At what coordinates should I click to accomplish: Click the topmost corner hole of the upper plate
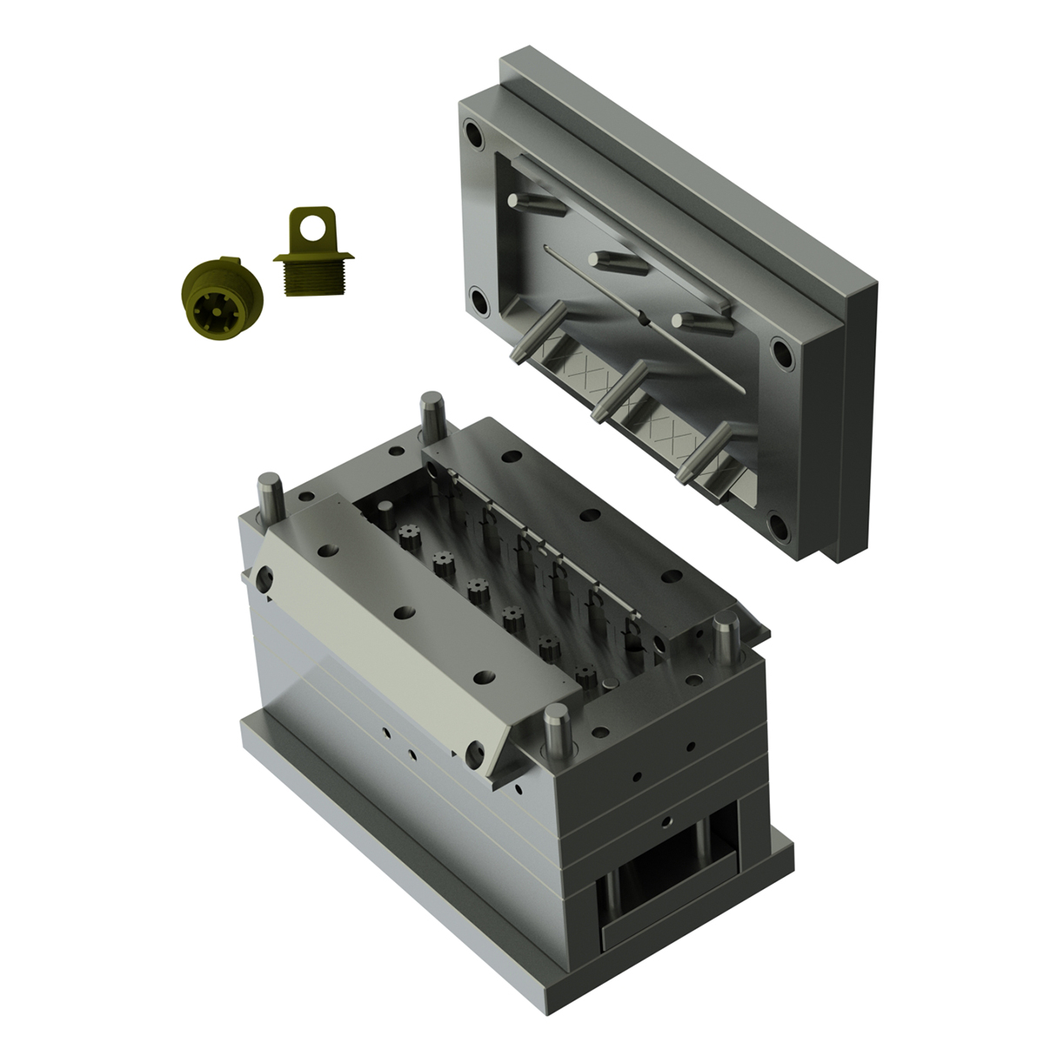pyautogui.click(x=474, y=137)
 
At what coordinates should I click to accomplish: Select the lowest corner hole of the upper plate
pyautogui.click(x=779, y=527)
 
